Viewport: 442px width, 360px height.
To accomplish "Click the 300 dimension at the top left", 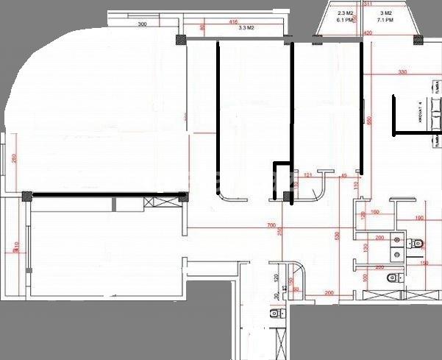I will click(x=143, y=24).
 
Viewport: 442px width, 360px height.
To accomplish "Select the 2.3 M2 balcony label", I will click(x=346, y=13).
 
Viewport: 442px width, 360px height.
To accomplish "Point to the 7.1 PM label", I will click(x=385, y=21).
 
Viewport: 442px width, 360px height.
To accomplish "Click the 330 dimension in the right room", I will click(x=402, y=72).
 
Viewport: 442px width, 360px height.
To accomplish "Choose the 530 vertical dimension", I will click(x=337, y=236).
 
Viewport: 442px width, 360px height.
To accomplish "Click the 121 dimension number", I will click(x=308, y=175).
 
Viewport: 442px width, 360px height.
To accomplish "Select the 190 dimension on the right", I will click(x=419, y=219).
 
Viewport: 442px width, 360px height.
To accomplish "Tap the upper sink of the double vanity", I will click(x=398, y=240).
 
